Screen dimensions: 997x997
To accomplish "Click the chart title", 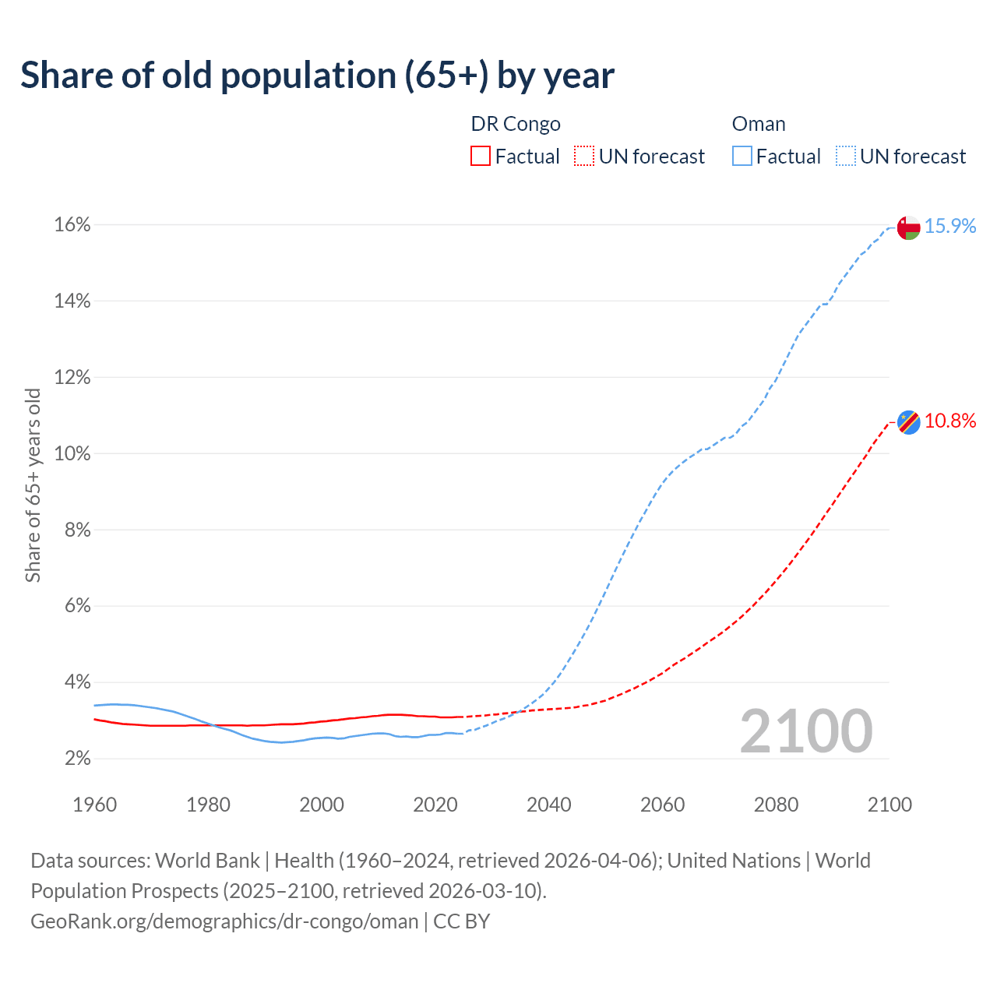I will coord(317,76).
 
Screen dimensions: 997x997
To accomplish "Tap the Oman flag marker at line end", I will coord(909,227).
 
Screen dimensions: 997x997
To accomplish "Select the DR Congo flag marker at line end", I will coord(909,421).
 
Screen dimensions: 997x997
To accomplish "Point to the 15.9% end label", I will coord(950,226).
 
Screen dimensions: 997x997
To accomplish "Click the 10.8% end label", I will coord(950,421).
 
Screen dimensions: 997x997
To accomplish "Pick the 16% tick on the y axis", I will coord(72,225).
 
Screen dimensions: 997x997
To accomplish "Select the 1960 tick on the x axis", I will coord(94,805).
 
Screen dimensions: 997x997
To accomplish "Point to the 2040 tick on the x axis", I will coord(549,805).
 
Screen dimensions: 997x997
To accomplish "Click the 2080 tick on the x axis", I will coord(776,805).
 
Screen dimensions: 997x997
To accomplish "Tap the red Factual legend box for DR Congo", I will coord(481,157).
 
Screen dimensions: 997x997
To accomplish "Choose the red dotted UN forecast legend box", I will coord(584,157).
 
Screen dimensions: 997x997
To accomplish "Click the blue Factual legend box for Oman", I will coord(742,157).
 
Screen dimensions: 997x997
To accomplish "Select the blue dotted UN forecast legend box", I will coord(846,157).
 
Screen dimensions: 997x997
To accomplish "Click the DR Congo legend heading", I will coord(516,125).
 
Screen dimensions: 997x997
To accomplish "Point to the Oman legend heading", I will coord(759,125).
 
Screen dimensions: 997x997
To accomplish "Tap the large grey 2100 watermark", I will coord(806,731).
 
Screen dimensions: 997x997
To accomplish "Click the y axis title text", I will coord(33,485).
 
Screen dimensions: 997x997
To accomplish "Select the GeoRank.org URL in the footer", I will coord(224,921).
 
